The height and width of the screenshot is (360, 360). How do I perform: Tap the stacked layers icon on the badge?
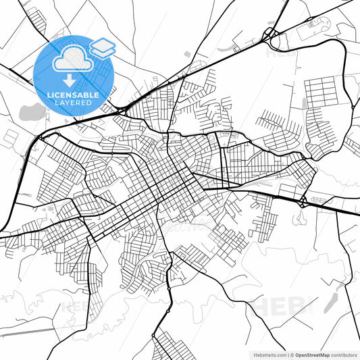[x=103, y=47]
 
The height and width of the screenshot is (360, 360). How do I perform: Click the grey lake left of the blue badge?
[x=30, y=112]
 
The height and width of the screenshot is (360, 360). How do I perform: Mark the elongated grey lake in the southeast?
[x=332, y=298]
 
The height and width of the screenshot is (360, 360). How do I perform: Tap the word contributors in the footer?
[x=342, y=354]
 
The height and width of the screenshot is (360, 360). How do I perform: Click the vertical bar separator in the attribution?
[x=288, y=354]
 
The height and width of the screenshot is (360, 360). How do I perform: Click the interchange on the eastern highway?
[x=302, y=201]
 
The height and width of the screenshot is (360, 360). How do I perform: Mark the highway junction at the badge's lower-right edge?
[x=120, y=107]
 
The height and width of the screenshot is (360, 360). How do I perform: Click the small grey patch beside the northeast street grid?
[x=304, y=103]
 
